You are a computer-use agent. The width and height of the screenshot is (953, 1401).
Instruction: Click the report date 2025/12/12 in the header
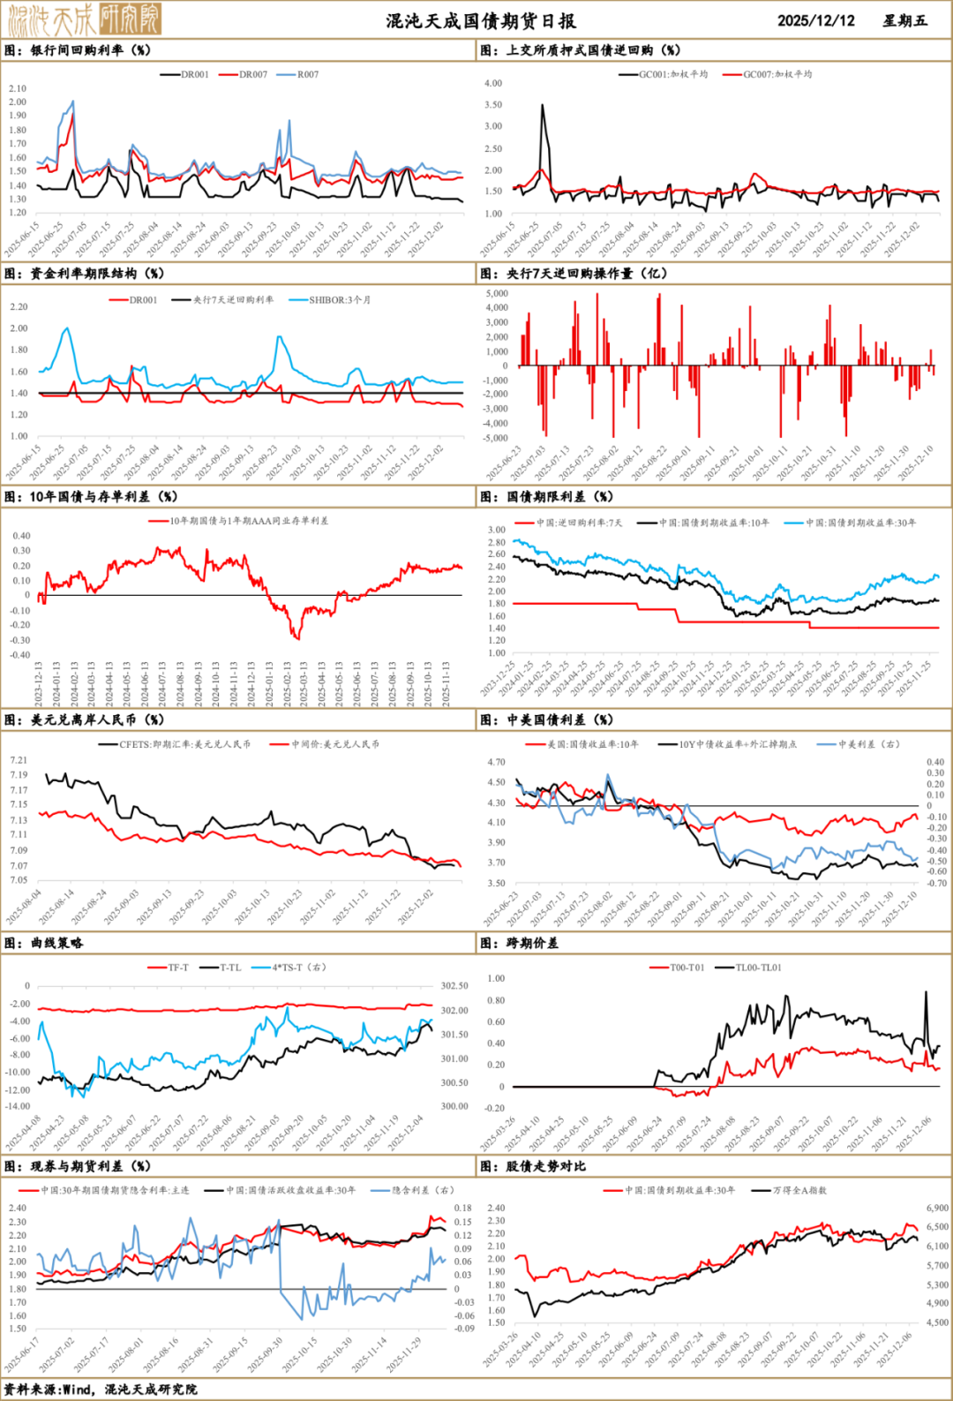tap(815, 20)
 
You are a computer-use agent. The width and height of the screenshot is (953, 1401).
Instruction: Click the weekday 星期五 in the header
tap(904, 20)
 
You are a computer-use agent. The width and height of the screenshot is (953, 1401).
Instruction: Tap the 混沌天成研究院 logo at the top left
tap(84, 19)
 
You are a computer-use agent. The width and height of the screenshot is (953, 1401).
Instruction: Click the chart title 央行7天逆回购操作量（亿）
tap(586, 274)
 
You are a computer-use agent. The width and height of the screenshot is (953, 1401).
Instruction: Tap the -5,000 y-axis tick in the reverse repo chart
tap(497, 438)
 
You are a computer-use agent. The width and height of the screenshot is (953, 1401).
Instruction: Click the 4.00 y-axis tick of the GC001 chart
tap(493, 83)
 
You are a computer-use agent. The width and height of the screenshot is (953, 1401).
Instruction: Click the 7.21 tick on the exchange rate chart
tap(19, 760)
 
